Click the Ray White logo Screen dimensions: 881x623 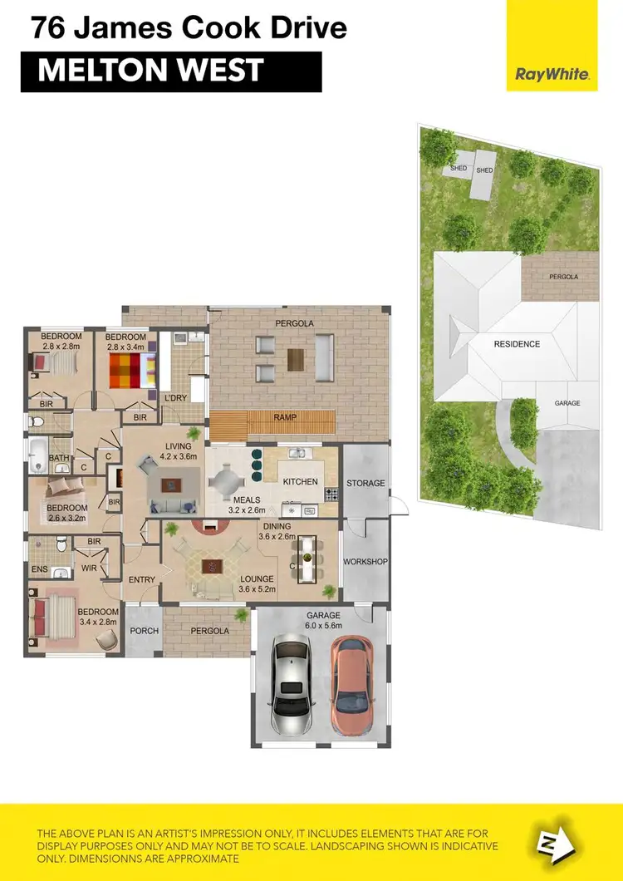click(x=553, y=74)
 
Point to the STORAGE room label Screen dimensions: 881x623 click(x=365, y=483)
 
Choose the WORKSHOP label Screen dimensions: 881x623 click(x=365, y=562)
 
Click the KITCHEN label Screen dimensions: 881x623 click(x=300, y=482)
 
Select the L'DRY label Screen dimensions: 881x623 click(x=175, y=399)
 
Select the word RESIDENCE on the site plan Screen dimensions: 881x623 click(x=517, y=344)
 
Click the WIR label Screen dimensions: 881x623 click(x=90, y=568)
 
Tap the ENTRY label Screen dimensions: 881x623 click(x=142, y=579)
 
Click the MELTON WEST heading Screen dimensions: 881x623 click(x=150, y=71)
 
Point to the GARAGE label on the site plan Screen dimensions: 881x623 click(x=567, y=403)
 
